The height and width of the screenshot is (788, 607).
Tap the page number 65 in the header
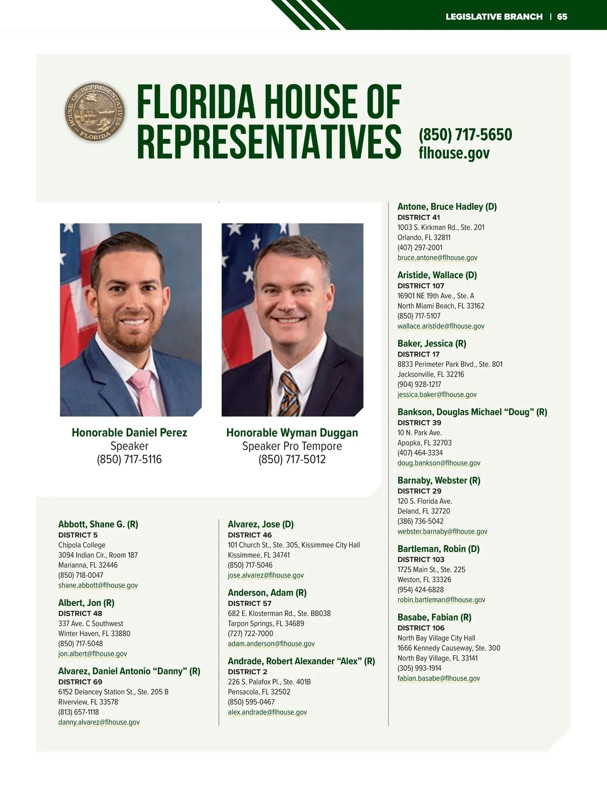562,17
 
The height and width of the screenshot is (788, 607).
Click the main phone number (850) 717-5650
465,135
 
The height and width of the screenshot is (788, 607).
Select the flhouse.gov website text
454,153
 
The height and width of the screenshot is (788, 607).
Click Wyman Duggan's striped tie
290,395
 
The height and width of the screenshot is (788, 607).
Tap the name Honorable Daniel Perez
129,432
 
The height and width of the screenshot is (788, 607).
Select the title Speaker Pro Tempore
292,446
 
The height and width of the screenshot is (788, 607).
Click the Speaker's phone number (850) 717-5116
129,459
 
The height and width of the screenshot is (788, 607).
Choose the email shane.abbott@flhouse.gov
98,585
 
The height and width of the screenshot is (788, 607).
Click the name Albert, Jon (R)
86,603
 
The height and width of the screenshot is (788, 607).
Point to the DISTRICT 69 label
80,682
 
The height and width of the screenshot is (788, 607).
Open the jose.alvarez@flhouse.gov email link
266,575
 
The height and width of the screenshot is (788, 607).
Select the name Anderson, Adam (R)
267,593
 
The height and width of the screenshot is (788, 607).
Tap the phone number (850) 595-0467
251,702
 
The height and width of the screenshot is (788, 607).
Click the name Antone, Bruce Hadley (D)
447,206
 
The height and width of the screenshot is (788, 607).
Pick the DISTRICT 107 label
421,286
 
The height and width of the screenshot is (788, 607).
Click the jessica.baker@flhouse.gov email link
437,395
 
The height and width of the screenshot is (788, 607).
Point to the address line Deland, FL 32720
424,511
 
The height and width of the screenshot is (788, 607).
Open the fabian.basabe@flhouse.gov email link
439,678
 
